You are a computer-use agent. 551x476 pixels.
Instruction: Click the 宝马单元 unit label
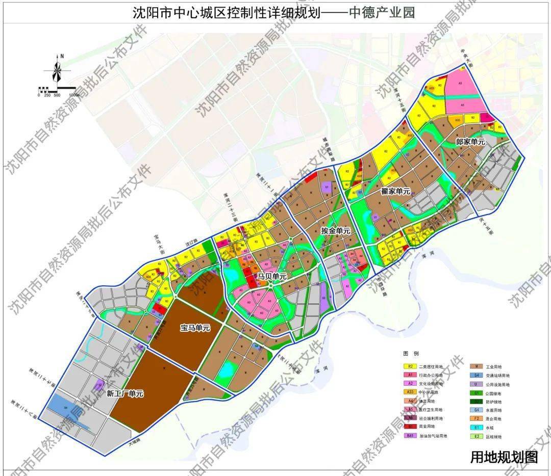[195, 329]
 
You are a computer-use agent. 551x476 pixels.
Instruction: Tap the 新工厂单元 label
[125, 393]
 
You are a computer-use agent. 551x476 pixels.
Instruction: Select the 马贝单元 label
[272, 276]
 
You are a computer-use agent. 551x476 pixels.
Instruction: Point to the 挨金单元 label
[336, 231]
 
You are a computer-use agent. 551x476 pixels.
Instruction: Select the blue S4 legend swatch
[476, 375]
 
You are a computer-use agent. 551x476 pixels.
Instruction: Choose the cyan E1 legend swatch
[476, 428]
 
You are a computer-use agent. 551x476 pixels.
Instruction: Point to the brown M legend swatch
[476, 366]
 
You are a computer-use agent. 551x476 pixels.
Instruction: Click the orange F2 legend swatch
[476, 419]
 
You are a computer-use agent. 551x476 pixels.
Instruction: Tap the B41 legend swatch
[409, 436]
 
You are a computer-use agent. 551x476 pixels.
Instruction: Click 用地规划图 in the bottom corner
[504, 457]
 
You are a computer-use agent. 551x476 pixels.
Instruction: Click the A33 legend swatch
[409, 392]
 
